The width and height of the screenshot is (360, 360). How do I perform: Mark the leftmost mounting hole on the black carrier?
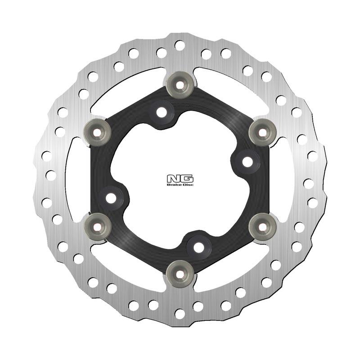click(x=112, y=197)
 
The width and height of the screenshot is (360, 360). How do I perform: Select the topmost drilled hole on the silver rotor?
click(x=180, y=45)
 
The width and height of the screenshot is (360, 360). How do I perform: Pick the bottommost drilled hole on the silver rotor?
click(x=180, y=313)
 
